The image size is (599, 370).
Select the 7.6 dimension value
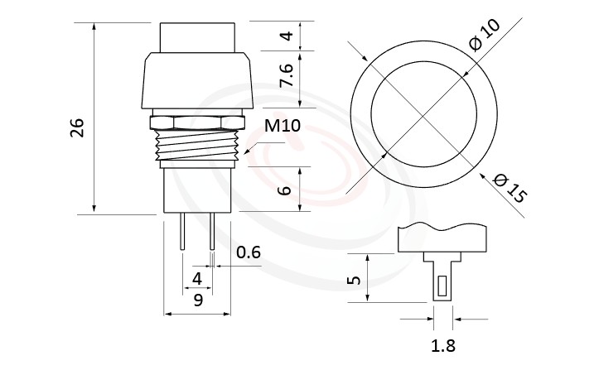[286, 77]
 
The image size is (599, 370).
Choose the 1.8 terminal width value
[443, 346]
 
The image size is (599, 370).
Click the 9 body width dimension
[197, 300]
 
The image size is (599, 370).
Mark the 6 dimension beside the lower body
[286, 190]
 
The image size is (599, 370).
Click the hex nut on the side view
[197, 123]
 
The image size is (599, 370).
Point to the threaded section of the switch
[197, 147]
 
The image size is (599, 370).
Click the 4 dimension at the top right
[286, 36]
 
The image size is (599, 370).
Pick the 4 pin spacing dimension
[197, 278]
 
